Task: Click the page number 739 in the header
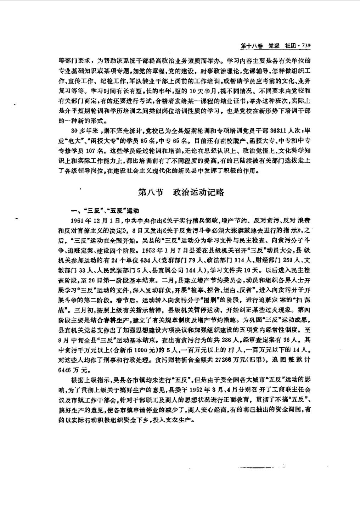pos(305,46)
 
